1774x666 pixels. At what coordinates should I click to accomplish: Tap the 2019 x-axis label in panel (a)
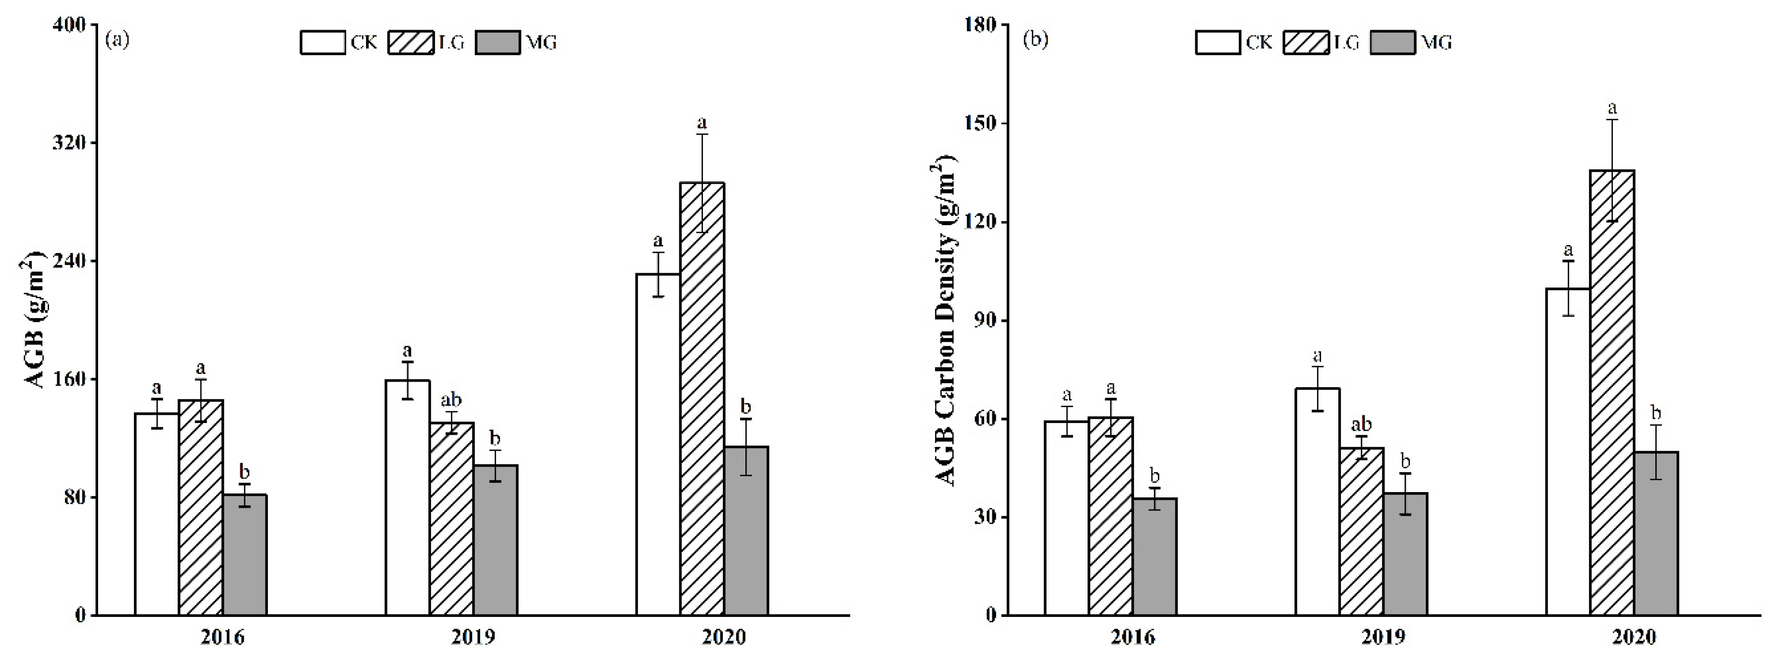(x=473, y=637)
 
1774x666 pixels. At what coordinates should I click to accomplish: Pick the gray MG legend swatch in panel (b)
(x=1393, y=42)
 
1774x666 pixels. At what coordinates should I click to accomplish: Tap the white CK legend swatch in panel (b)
(x=1218, y=42)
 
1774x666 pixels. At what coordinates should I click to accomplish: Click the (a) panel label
(x=117, y=40)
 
